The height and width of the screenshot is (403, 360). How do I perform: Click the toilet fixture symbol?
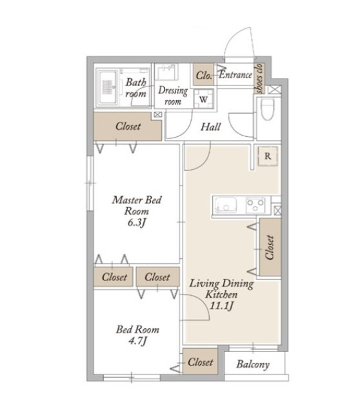267,109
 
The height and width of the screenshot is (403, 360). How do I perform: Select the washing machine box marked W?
204,99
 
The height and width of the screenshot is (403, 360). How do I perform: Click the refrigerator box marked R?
268,156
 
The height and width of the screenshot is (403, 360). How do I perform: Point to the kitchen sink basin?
226,205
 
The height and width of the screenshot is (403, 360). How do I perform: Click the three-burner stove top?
255,205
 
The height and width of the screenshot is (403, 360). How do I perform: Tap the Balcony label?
253,364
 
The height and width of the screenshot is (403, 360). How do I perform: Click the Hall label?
210,127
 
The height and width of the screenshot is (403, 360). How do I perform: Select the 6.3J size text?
137,223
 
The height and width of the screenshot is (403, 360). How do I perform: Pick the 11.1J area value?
221,306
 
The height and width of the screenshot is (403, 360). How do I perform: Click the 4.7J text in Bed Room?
137,341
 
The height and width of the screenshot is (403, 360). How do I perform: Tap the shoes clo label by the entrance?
259,78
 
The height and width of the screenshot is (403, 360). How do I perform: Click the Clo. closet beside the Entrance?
204,74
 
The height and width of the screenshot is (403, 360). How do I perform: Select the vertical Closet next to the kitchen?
270,247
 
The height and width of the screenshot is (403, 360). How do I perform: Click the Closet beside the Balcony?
200,362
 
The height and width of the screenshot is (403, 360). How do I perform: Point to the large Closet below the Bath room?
128,126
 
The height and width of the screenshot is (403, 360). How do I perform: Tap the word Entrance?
235,75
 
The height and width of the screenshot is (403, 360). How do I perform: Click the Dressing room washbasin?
168,72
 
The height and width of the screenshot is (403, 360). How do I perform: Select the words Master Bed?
137,200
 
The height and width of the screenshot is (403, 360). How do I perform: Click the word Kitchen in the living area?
221,294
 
